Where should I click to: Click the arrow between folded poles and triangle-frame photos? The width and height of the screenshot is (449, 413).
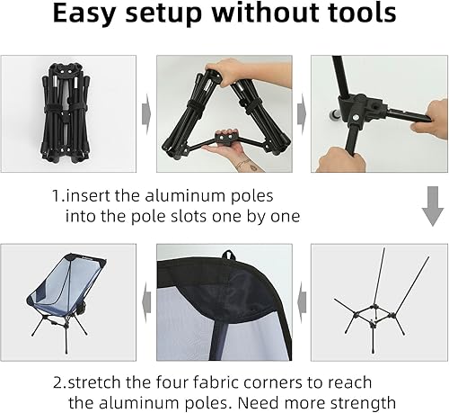(x=146, y=114)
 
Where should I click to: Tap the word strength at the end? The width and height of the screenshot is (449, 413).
(x=355, y=400)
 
